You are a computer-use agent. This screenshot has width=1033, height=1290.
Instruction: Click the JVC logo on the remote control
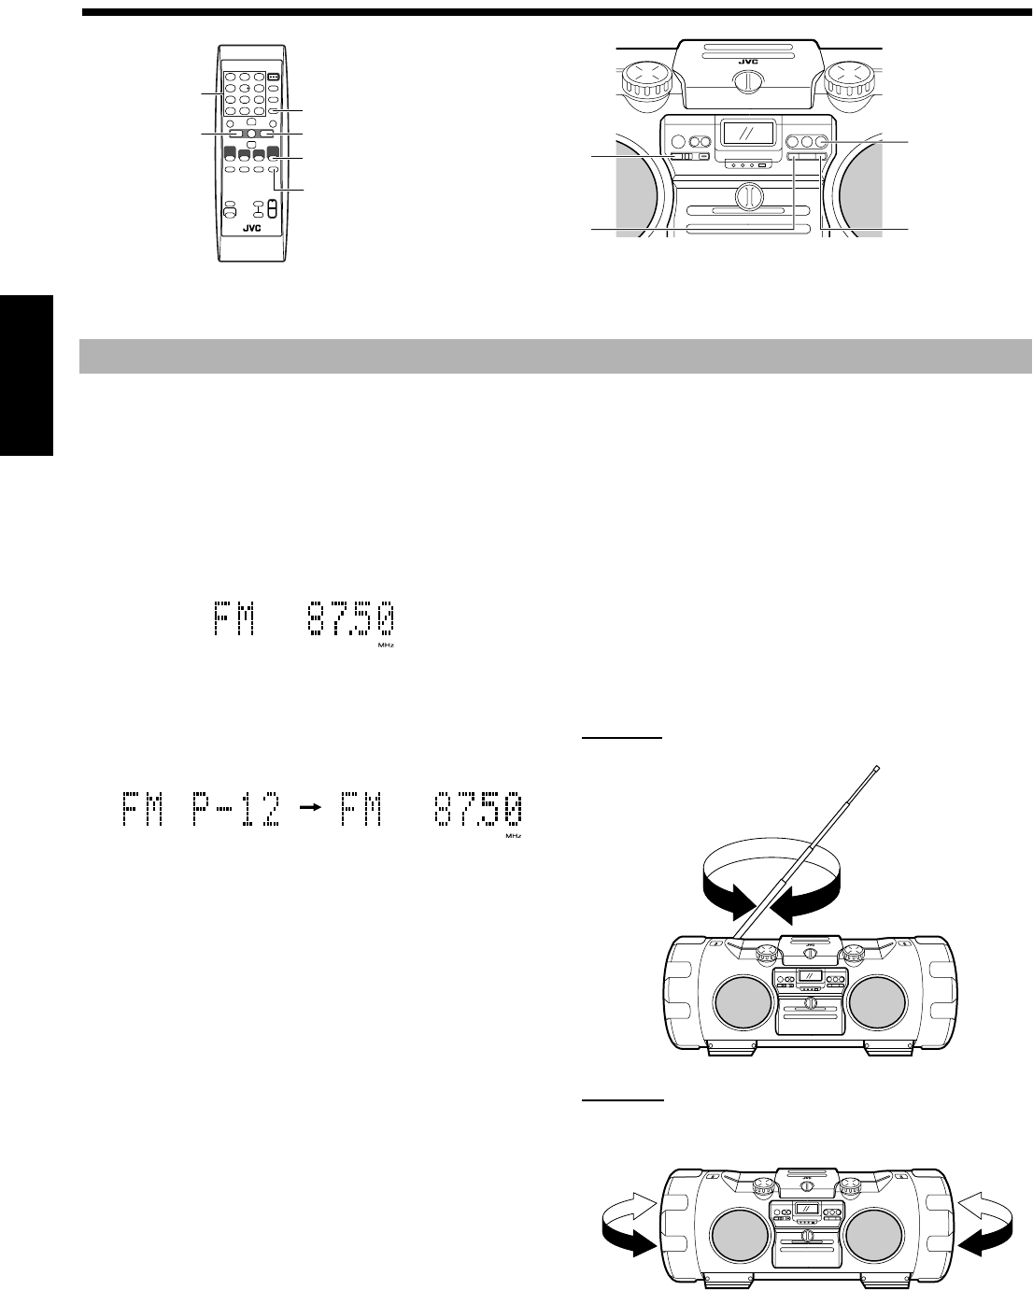252,228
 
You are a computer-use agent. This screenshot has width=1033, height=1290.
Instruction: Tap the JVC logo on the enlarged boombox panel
748,61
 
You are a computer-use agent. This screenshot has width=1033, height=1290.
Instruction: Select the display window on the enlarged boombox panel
747,132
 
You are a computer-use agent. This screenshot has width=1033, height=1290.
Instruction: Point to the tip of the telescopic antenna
877,768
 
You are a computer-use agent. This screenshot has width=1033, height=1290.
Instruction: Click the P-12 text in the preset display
236,809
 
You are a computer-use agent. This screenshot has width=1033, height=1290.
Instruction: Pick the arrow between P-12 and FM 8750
311,807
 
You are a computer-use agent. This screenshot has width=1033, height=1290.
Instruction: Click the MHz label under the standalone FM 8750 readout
386,645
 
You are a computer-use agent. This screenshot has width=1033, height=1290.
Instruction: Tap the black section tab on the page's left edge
26,376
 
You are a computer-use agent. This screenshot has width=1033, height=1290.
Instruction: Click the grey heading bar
555,356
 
